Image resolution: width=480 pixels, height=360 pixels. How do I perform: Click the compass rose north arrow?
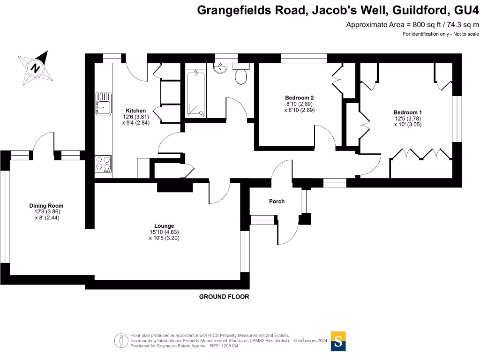36,67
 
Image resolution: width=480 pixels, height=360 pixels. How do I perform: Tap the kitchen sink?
103,104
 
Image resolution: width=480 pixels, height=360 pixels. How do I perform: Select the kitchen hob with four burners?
103,163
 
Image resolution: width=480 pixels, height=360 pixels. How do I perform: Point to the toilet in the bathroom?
241,74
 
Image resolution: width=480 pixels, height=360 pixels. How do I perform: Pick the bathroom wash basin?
220,67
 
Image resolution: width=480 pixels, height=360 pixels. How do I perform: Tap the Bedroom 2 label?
299,97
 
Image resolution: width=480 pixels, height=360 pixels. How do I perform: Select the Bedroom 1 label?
407,112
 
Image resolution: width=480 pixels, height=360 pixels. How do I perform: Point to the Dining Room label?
46,205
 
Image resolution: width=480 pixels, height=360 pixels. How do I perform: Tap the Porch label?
277,201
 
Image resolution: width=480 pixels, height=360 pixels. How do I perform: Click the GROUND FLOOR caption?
224,297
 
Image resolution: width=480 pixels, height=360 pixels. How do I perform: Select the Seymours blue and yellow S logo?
338,341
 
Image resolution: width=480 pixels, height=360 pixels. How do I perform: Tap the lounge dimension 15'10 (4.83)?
164,232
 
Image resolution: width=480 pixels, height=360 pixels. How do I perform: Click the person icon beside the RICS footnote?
121,341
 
